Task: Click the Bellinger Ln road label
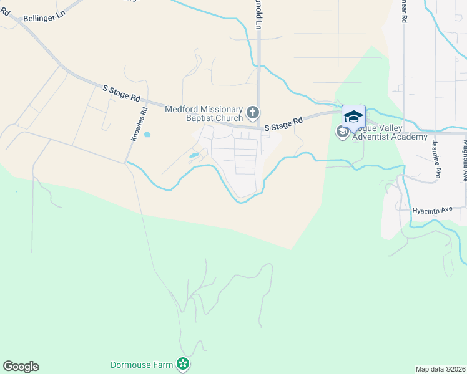point(44,17)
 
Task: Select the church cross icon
point(253,113)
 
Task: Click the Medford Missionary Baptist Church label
point(204,113)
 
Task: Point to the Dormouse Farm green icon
point(183,363)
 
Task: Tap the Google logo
point(21,367)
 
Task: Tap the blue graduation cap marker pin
point(353,117)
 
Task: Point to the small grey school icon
point(342,132)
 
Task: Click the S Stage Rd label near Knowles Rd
point(122,93)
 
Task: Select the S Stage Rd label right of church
point(283,123)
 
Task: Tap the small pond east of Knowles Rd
point(147,134)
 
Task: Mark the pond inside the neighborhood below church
point(194,155)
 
